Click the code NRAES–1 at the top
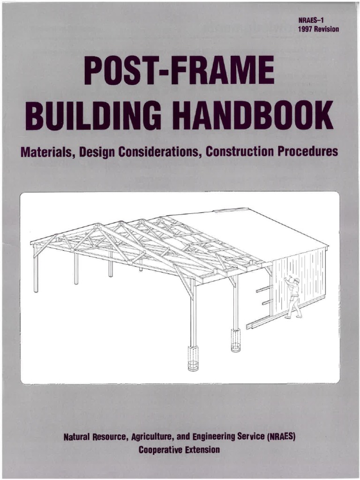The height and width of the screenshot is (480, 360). [x=311, y=20]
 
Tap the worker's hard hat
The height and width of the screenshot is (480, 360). [x=296, y=280]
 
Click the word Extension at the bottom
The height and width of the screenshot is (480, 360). [x=202, y=450]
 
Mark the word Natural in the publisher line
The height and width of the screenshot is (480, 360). [x=78, y=437]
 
